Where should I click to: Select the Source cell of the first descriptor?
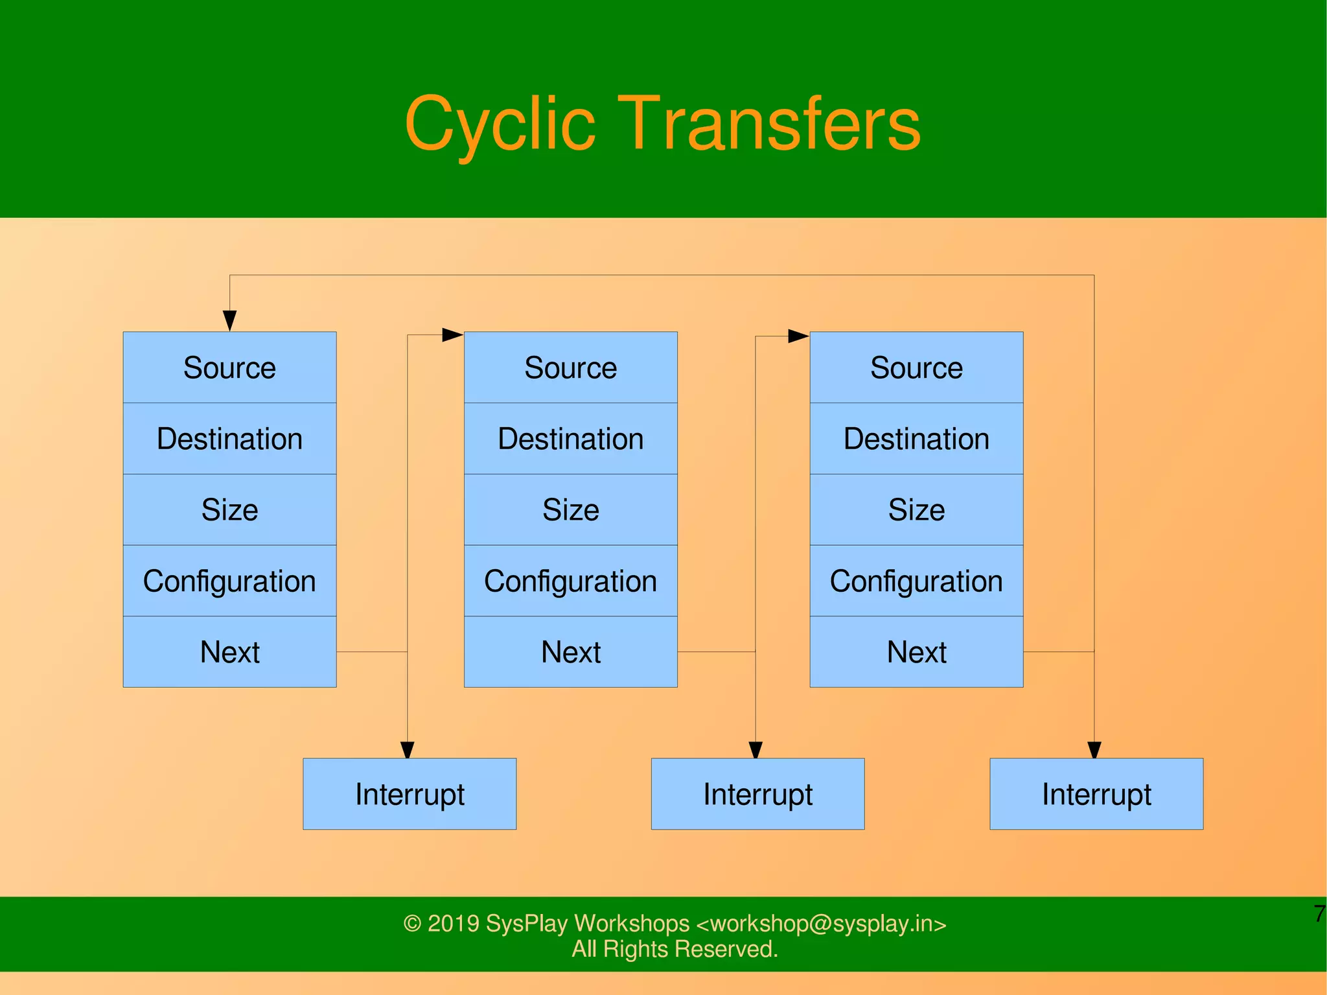click(x=229, y=368)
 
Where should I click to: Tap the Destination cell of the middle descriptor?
click(x=570, y=439)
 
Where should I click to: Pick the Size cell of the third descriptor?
click(x=916, y=509)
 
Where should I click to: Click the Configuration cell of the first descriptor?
click(x=229, y=581)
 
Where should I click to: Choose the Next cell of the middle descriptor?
click(x=570, y=651)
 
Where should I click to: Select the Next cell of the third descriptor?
click(x=916, y=651)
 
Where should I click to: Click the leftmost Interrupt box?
click(x=410, y=794)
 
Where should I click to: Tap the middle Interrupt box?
click(x=757, y=794)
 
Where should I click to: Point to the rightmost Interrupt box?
click(x=1096, y=794)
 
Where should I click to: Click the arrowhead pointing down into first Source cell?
click(x=229, y=321)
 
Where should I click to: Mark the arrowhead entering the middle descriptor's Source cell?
click(x=452, y=335)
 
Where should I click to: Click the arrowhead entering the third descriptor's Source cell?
click(x=798, y=336)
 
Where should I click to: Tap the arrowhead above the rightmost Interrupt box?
click(x=1094, y=750)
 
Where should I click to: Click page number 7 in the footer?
click(x=1319, y=914)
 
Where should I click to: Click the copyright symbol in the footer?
click(x=412, y=924)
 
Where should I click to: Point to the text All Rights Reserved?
click(x=675, y=949)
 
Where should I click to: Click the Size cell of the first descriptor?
click(x=229, y=509)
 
